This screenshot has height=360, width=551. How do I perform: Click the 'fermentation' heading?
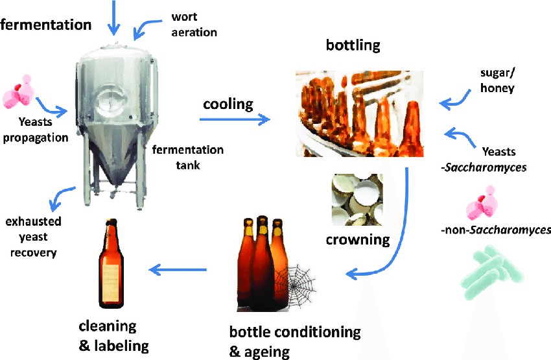click(x=45, y=25)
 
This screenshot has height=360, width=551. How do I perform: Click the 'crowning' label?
click(x=358, y=240)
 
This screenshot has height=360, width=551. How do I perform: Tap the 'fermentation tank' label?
click(x=188, y=157)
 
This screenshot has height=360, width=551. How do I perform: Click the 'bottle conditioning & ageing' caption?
click(x=295, y=341)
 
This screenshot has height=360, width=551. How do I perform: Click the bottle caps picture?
click(x=357, y=199)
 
